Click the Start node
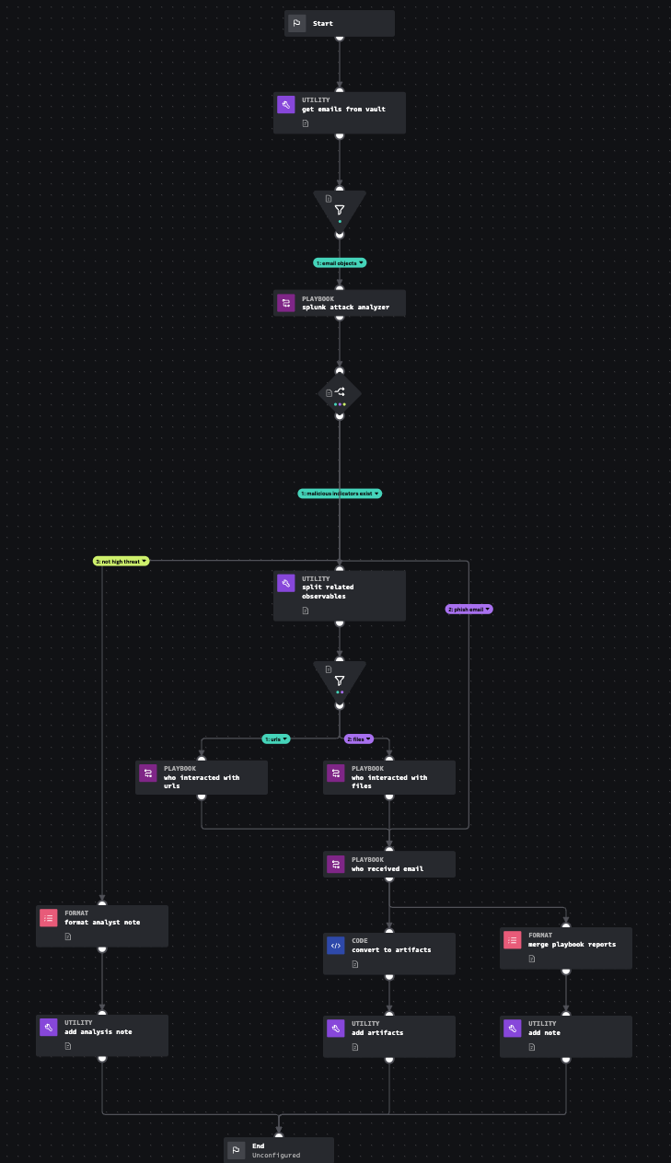coord(339,24)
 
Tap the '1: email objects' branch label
coord(340,262)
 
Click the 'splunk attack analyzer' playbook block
coord(339,303)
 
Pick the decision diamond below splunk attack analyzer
coord(340,393)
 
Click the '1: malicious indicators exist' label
coord(340,494)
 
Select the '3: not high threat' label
coord(121,561)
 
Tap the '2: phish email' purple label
coord(469,609)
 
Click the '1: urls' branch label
coord(276,739)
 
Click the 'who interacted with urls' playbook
coord(202,777)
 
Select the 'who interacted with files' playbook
coord(389,777)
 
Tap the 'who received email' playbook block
coord(389,864)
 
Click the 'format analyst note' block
coord(102,925)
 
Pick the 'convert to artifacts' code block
coord(389,953)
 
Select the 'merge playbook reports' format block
coord(566,948)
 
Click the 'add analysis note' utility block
coord(102,1036)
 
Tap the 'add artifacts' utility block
coord(389,1036)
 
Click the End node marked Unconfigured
coord(278,1149)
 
